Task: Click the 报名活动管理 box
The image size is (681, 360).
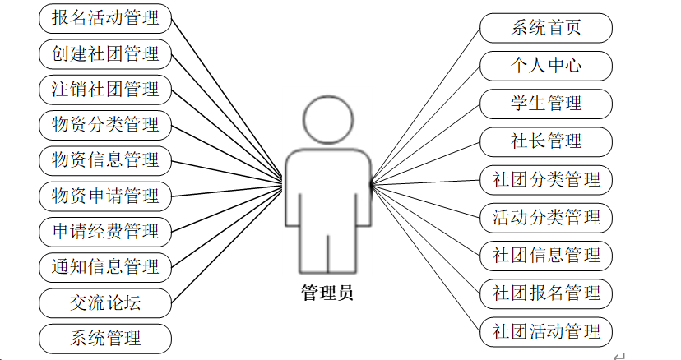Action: pos(105,17)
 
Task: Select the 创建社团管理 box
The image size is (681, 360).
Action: pos(105,54)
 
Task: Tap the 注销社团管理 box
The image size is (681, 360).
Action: pos(105,89)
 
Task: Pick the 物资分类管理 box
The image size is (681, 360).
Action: pos(105,126)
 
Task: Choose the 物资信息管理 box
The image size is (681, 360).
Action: pos(105,159)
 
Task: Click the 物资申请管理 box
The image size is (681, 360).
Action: pos(105,196)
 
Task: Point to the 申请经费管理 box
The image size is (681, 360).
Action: pos(105,232)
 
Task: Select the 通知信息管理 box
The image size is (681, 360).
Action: pos(105,266)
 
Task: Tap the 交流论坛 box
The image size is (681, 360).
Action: pos(105,302)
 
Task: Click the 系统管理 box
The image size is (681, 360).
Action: pos(105,338)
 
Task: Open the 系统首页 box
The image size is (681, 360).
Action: pos(546,28)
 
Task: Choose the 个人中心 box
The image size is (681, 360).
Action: pos(546,66)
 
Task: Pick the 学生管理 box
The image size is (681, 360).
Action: pos(546,104)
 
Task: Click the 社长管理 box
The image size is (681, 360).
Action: pos(546,141)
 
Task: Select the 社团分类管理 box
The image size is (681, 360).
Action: pos(546,179)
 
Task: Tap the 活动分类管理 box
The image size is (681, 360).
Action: pos(546,218)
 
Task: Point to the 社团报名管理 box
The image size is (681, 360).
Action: pos(546,293)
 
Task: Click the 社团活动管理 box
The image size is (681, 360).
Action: pos(546,331)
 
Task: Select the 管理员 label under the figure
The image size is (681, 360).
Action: pos(327,293)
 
